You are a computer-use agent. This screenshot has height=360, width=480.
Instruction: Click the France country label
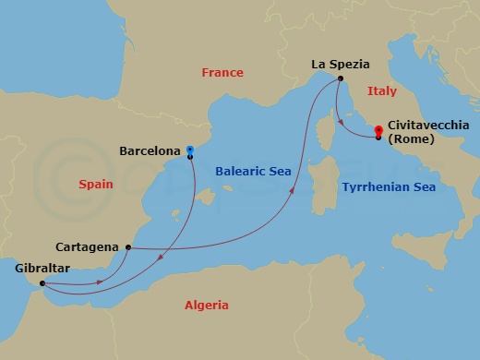coord(222,72)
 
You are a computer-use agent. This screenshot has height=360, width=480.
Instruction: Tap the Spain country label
coord(96,185)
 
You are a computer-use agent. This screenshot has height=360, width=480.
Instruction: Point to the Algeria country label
coord(207,305)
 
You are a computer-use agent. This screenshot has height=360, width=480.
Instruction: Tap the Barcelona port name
coord(150,150)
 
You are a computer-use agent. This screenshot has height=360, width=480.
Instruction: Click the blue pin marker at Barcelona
coord(189,149)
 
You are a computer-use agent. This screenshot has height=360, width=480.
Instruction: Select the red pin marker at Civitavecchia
coord(378,130)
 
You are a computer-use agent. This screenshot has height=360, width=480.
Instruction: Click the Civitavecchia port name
coord(429,124)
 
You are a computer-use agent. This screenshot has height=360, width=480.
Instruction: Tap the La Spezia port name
coord(340,65)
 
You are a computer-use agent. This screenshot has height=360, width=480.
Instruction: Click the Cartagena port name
coord(87,247)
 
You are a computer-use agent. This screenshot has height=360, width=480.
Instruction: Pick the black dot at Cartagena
coord(127,247)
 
